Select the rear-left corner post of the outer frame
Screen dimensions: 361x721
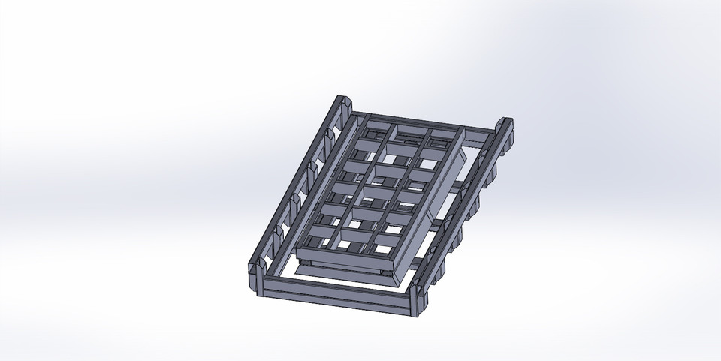tap(345, 104)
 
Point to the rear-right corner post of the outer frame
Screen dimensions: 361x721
tap(505, 128)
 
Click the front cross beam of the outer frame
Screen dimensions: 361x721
tap(338, 294)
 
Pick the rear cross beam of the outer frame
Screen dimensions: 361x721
tap(421, 120)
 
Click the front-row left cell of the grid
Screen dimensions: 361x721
tap(319, 241)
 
